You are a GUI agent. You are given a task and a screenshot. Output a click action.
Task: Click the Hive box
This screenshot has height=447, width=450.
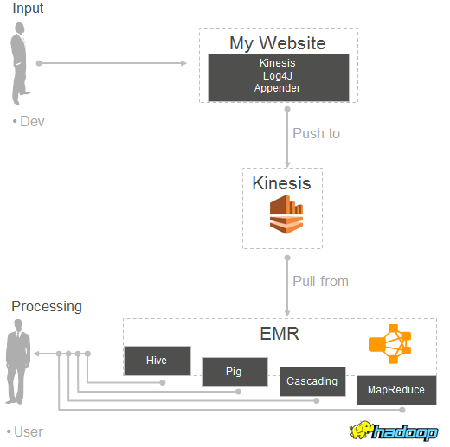pos(157,361)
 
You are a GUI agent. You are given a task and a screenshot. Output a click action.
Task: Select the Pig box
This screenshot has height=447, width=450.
pos(235,372)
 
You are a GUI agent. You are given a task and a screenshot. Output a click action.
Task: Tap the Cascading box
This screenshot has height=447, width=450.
pos(312,381)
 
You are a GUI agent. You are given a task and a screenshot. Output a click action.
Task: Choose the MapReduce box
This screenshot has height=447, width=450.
pos(396,390)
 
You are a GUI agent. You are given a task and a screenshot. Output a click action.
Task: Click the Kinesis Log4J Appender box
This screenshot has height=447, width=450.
pos(279,78)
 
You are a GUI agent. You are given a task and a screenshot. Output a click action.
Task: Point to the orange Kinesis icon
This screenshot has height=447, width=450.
pos(286,214)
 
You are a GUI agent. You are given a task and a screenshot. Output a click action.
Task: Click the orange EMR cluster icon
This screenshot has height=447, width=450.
pos(389,344)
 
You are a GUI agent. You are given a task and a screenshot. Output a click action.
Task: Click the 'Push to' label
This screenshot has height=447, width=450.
pos(317,133)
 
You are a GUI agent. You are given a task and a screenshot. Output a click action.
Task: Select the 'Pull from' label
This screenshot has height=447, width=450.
pos(320,281)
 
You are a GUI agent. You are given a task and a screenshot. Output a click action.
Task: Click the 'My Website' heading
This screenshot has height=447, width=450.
pos(278,43)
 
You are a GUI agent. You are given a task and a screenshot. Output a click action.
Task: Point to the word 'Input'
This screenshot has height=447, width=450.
pos(28,9)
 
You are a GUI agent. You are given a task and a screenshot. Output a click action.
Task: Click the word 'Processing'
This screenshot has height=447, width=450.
pos(47,307)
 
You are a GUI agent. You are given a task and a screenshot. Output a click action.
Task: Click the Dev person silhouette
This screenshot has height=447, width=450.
pos(19,63)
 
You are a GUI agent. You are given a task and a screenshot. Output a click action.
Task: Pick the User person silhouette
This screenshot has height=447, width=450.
pos(18,361)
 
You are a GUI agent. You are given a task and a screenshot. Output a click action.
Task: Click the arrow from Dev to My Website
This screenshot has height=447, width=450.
pos(112,63)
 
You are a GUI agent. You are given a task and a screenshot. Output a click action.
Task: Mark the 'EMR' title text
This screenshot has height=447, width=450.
pos(280,334)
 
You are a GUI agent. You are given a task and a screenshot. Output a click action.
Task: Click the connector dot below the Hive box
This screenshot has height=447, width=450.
pos(163,382)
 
